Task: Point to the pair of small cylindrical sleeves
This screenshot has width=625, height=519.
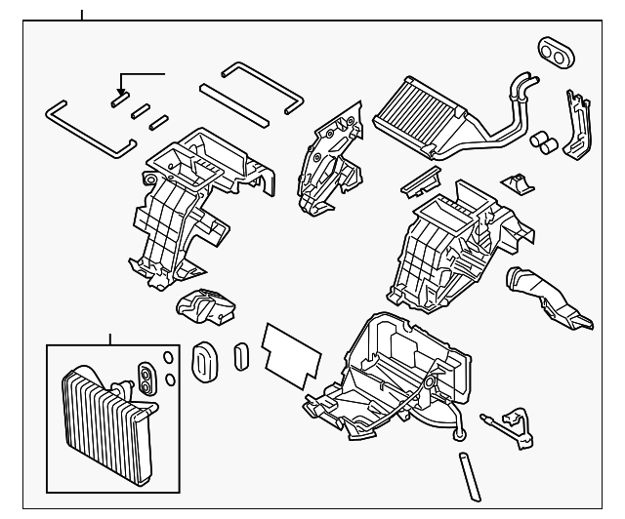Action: coord(543,144)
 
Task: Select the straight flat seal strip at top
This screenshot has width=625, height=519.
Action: coord(234,104)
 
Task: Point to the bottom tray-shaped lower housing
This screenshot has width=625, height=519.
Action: coord(386,376)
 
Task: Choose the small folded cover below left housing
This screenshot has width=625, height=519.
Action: coord(206,310)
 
